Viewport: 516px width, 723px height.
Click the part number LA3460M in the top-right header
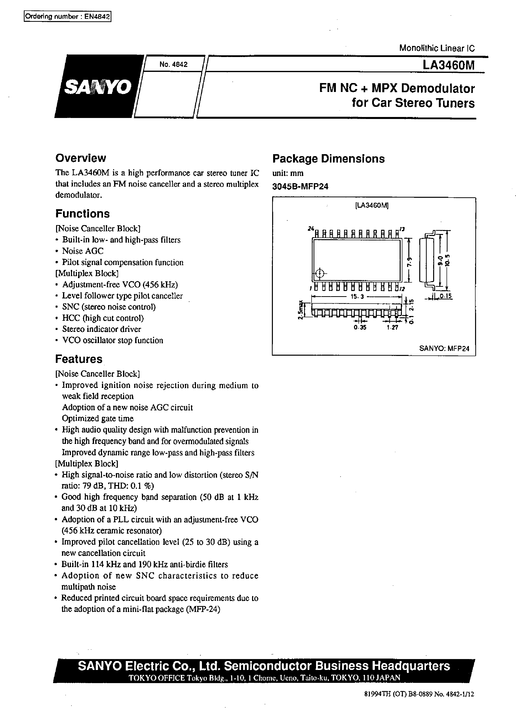[448, 65]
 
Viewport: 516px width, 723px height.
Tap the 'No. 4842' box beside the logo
[173, 64]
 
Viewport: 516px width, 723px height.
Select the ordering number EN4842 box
[68, 17]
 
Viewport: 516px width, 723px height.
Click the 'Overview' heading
[81, 158]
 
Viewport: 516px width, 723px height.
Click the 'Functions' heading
[82, 214]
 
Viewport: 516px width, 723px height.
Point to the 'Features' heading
[79, 359]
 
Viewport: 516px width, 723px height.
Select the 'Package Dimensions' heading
[328, 158]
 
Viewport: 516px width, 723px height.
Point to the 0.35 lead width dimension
[360, 327]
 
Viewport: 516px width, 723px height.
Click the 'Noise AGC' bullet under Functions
[83, 251]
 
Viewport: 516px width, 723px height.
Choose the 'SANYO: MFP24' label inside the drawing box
[444, 348]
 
